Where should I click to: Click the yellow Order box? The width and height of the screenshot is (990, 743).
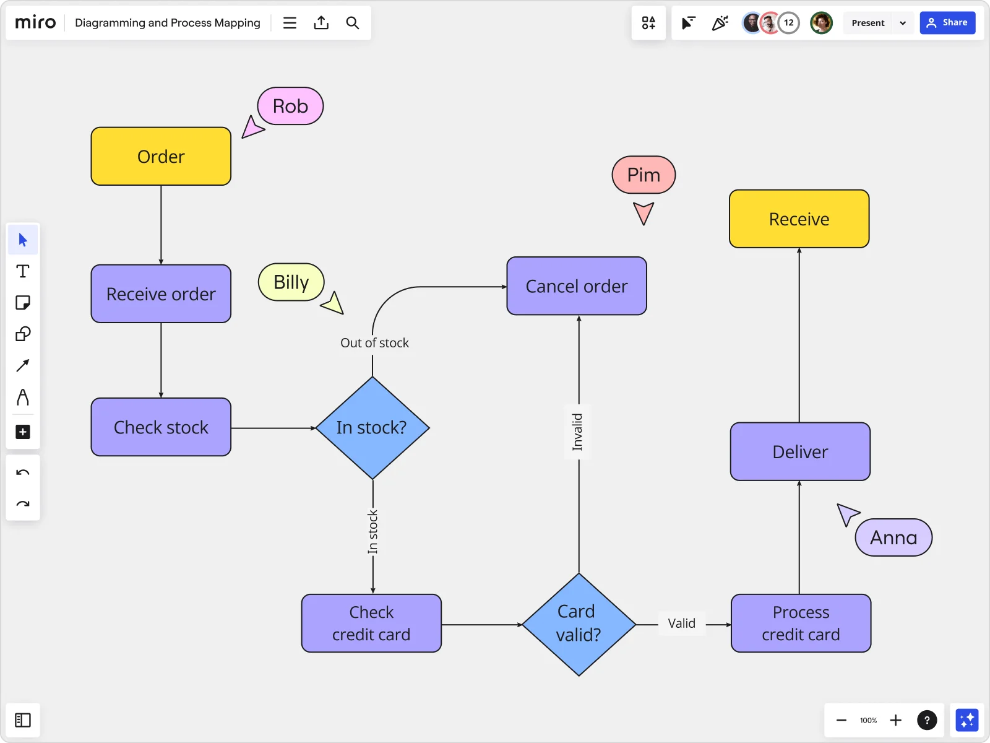coord(161,156)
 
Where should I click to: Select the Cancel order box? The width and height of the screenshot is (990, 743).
coord(576,286)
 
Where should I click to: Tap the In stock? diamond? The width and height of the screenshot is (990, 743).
coord(372,428)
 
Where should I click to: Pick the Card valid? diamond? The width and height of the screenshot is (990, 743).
coord(579,624)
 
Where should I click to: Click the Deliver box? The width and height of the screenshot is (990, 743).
coord(800,451)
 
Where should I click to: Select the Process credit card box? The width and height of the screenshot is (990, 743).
coord(801,623)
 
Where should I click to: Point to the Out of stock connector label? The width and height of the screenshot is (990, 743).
coord(374,343)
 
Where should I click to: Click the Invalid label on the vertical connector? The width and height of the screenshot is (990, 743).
coord(577,432)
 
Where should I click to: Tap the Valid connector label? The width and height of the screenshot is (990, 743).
coord(681,624)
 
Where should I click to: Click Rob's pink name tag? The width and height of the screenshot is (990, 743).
coord(290,106)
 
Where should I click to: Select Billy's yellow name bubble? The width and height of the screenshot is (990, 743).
coord(291,282)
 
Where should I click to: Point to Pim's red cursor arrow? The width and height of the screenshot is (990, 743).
coord(643,213)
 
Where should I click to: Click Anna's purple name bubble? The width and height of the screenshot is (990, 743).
coord(893,537)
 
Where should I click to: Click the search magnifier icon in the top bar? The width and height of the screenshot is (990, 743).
coord(353,23)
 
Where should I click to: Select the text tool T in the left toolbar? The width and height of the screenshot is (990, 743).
coord(23,271)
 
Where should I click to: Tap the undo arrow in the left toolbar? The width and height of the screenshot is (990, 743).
coord(23,472)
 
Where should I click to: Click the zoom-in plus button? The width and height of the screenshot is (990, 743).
coord(895,720)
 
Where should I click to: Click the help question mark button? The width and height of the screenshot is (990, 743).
coord(926,720)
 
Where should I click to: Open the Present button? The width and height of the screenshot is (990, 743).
coord(868,23)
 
